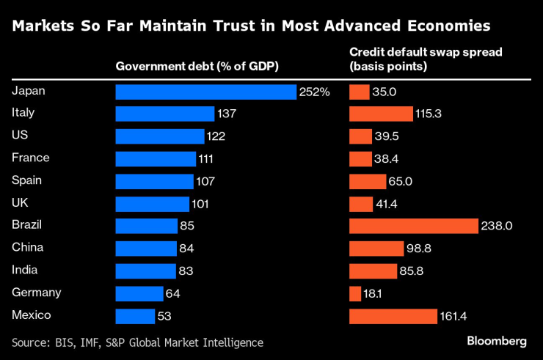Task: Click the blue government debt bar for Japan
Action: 206,92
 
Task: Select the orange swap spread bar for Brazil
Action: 414,226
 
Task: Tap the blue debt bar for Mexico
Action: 135,316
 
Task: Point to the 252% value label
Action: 314,92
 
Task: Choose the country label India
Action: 25,270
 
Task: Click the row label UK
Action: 21,202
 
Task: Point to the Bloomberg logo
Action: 497,341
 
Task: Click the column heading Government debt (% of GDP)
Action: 198,67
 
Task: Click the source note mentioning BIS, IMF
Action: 137,342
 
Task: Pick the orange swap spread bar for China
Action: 376,249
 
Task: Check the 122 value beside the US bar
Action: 215,136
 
